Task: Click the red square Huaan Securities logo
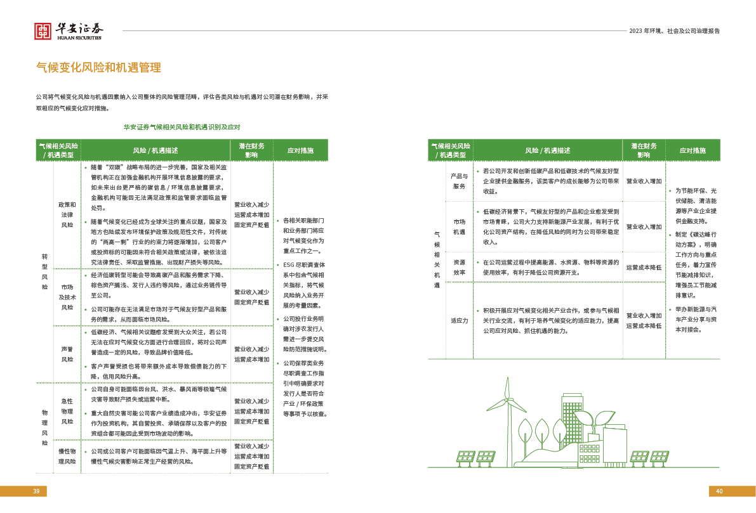click(x=43, y=31)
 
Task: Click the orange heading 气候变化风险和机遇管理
click(x=98, y=67)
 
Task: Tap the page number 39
click(x=36, y=491)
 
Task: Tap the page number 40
click(x=719, y=491)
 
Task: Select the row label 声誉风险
click(x=67, y=354)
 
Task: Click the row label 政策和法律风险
click(x=67, y=214)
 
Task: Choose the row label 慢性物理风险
click(x=67, y=456)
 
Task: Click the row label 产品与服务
click(x=459, y=181)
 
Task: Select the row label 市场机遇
click(x=459, y=226)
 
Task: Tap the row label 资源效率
click(x=459, y=266)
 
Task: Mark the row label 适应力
click(x=459, y=320)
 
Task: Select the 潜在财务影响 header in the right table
click(x=644, y=150)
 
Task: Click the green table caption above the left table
click(x=182, y=127)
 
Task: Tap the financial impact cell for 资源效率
click(x=644, y=267)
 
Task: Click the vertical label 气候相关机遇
click(x=436, y=259)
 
